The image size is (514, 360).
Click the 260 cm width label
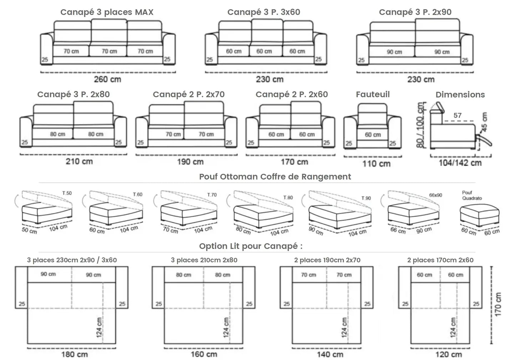[x=107, y=79]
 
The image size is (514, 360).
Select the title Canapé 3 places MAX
[x=107, y=12]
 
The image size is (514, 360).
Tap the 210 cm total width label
[x=79, y=161]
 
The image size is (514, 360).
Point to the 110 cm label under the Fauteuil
[x=376, y=164]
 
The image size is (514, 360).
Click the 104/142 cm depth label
[x=460, y=163]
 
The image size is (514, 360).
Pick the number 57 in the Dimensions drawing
[x=457, y=115]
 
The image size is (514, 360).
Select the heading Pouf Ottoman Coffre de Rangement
[x=275, y=176]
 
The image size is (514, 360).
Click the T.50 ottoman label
[x=67, y=193]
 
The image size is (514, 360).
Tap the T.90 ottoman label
[x=366, y=198]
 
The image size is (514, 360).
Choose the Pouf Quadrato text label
[x=472, y=195]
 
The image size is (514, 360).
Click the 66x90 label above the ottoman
[x=435, y=195]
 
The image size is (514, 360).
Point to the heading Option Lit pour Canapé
[x=251, y=246]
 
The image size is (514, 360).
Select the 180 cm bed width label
[x=75, y=354]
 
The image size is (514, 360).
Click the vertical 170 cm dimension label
[x=498, y=304]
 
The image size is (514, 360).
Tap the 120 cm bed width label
[x=448, y=354]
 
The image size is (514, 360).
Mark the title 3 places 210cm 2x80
[x=204, y=260]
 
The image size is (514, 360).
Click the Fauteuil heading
[x=373, y=95]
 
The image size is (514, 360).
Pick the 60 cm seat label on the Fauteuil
[x=373, y=135]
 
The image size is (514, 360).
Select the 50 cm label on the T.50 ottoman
[x=29, y=230]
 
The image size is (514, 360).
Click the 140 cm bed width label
[x=330, y=354]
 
